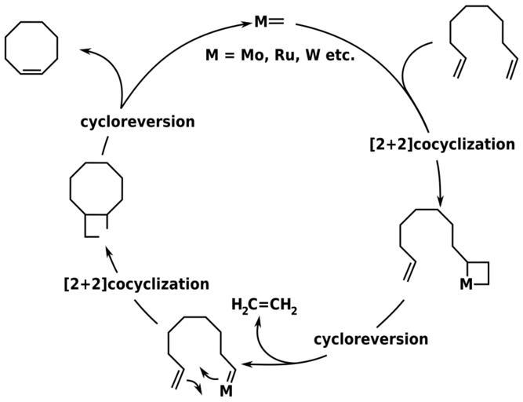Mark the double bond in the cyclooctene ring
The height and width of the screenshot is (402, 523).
point(31,71)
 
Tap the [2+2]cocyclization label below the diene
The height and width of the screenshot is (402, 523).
point(441,144)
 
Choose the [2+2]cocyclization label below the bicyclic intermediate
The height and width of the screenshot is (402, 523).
point(136,283)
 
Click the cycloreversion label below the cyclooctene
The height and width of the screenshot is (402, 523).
point(137,122)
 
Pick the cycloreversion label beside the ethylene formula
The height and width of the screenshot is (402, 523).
point(371,339)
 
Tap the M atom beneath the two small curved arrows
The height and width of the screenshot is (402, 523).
point(226,390)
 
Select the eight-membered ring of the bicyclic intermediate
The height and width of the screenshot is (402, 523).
point(96,188)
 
